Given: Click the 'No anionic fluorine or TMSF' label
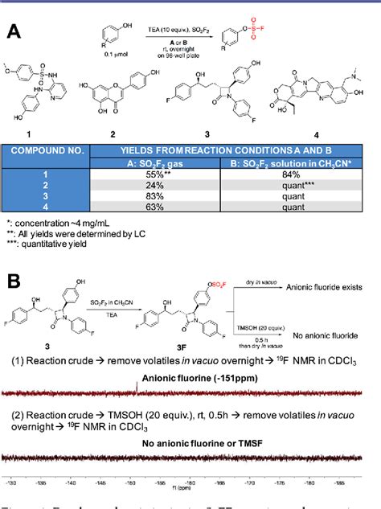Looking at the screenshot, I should (x=190, y=442).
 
